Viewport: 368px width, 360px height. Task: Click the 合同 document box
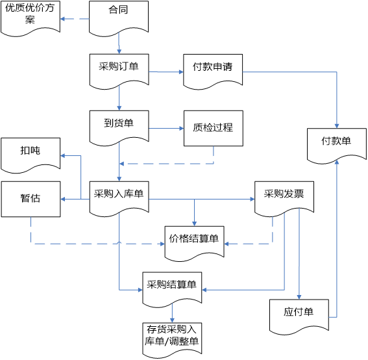pos(119,18)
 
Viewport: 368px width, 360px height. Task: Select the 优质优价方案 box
pos(31,18)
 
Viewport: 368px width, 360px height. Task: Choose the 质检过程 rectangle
pos(214,128)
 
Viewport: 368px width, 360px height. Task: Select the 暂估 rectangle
pos(31,199)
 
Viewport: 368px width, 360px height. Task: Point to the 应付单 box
pos(299,316)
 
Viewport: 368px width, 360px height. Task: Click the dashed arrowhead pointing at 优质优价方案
pos(62,19)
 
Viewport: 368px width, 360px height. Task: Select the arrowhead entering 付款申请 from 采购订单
pos(181,71)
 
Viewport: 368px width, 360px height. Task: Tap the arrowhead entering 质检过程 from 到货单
pos(182,128)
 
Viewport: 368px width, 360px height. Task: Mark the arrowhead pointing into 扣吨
pos(63,155)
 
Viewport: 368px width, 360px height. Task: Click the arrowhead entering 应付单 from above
pos(299,297)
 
